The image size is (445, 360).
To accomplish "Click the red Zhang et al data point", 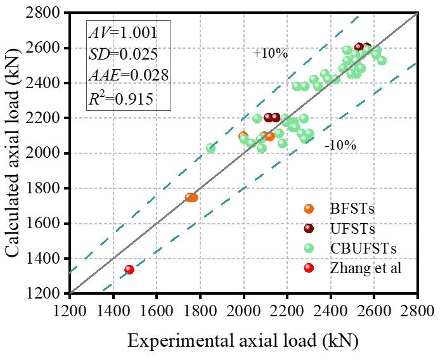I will (129, 269).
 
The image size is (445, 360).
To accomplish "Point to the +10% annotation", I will (270, 54).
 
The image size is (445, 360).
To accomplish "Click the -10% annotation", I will (340, 145).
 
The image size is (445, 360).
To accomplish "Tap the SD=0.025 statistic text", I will (120, 55).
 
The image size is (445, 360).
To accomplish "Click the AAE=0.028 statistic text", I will (127, 76).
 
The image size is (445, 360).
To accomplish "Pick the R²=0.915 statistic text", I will (120, 98).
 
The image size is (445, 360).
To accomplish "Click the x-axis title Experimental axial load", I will (243, 341).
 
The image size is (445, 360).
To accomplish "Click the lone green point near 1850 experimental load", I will (210, 148).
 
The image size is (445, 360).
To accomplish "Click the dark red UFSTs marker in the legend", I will (309, 228).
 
